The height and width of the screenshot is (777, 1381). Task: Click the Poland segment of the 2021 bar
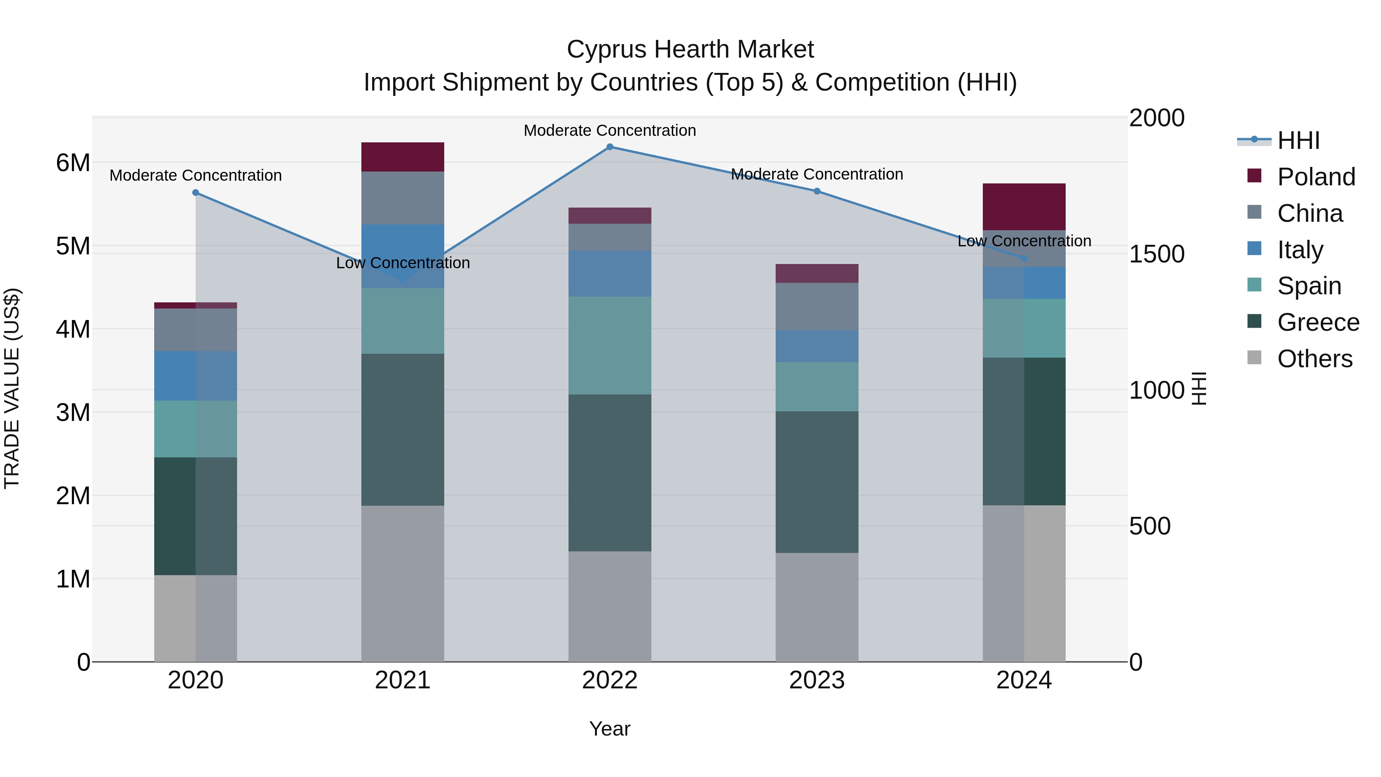403,157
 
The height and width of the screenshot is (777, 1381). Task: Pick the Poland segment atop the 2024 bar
1024,206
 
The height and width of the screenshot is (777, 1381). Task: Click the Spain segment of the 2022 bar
610,345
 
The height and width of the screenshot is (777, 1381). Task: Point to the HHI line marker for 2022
610,147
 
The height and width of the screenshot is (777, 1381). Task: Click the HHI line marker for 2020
196,193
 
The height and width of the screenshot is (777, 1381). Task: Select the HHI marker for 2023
817,191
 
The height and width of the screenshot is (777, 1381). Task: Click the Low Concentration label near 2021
403,263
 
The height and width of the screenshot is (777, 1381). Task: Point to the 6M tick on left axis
73,162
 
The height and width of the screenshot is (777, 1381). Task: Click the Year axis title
610,729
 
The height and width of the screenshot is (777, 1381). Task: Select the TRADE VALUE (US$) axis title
12,388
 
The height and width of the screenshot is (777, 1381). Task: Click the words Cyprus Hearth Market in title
690,49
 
